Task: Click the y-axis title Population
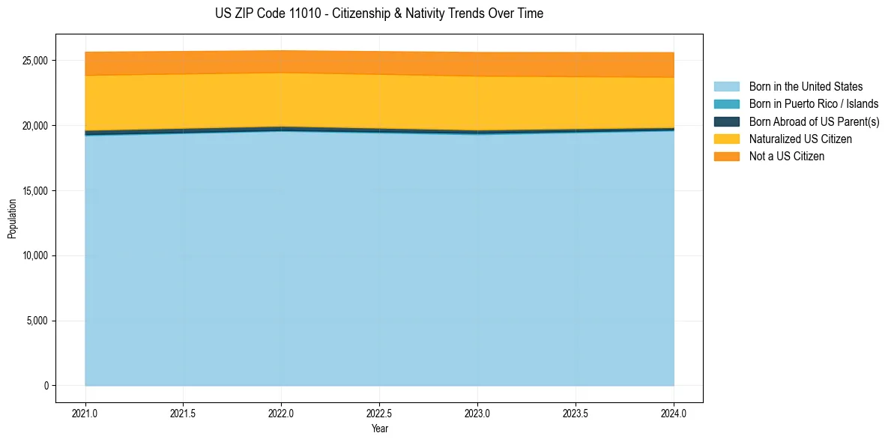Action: [x=12, y=219]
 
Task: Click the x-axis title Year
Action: [x=379, y=429]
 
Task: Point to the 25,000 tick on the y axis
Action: [x=36, y=61]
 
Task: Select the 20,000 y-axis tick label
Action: [x=36, y=126]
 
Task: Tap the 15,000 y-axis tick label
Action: [x=36, y=191]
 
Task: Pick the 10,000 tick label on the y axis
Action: [x=36, y=256]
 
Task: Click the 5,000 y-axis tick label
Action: [x=38, y=321]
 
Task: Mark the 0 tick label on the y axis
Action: [x=46, y=386]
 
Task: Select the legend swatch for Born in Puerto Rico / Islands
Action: [x=726, y=104]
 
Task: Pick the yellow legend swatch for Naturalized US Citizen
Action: [x=726, y=139]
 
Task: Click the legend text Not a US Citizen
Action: [x=786, y=156]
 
